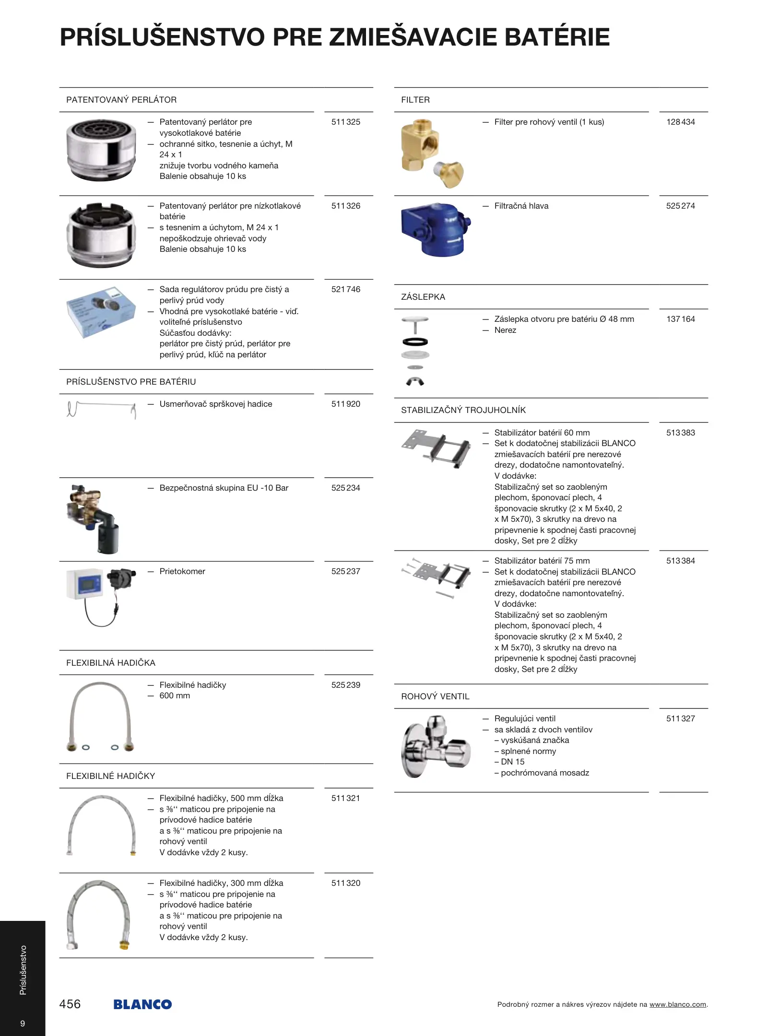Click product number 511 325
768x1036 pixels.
point(345,122)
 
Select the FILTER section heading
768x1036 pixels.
point(415,100)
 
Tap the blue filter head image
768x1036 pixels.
point(435,230)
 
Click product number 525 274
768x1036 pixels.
point(680,206)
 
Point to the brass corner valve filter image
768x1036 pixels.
point(431,153)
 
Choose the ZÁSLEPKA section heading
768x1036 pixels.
point(423,297)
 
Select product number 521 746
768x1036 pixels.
point(345,289)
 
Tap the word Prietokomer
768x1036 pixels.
point(182,571)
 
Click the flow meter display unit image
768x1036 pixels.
point(85,584)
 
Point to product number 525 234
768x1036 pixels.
point(345,488)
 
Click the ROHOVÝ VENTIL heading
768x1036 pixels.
point(435,696)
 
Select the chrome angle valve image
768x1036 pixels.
point(435,747)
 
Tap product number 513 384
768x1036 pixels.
point(680,561)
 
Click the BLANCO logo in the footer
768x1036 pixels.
point(142,1004)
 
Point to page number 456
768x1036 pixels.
point(70,1004)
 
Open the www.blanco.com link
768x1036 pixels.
point(677,1004)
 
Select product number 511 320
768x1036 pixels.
point(345,883)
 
